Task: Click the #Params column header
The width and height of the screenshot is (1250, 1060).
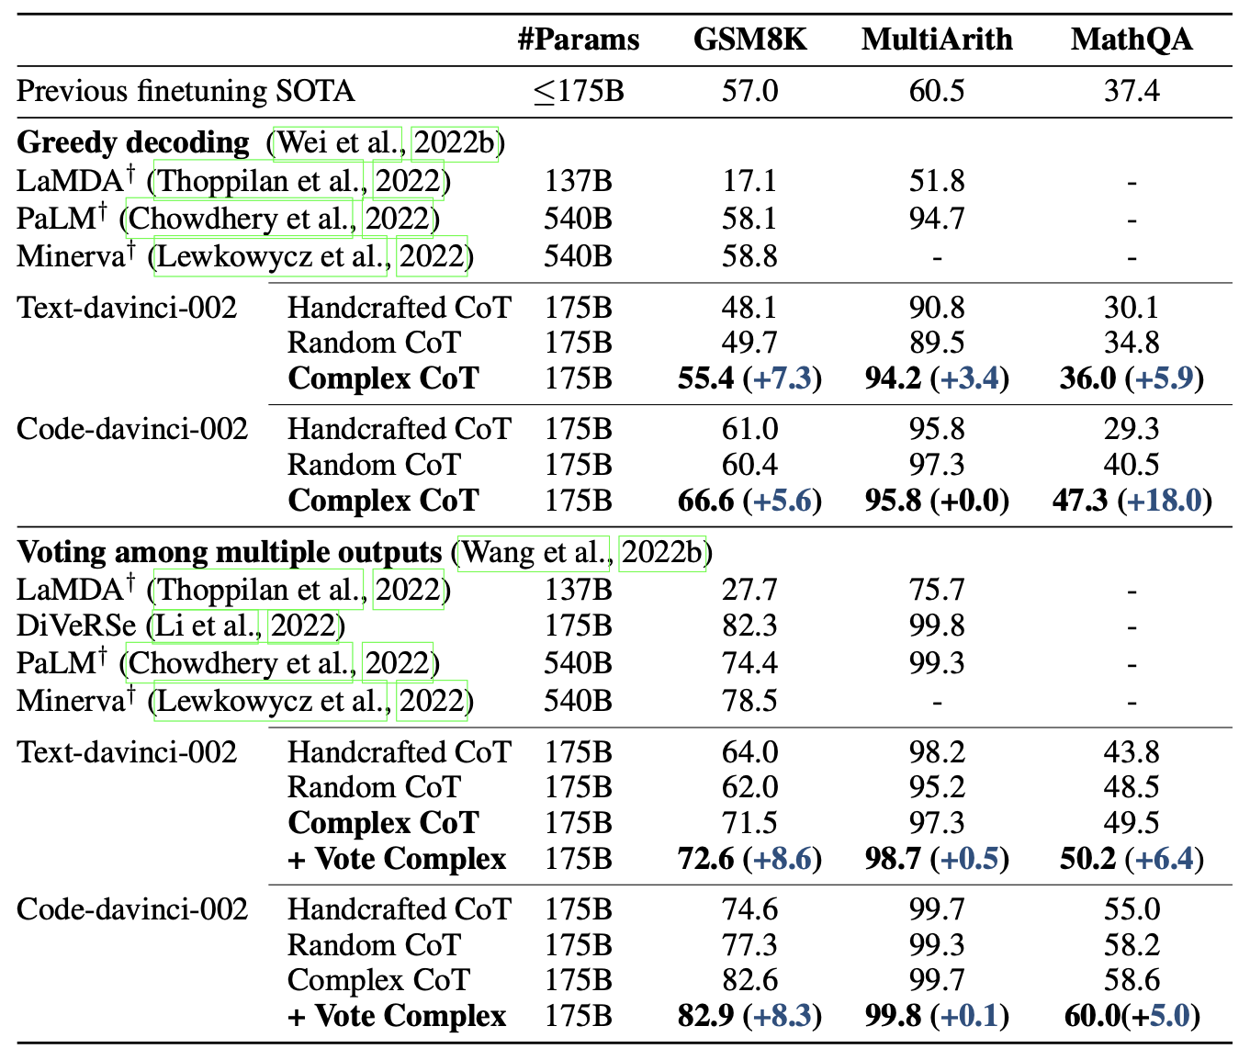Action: tap(578, 40)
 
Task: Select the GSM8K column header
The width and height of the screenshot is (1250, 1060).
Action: tap(749, 40)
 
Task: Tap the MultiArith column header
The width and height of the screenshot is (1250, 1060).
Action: tap(937, 40)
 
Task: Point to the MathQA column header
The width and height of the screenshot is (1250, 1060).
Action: tap(1131, 40)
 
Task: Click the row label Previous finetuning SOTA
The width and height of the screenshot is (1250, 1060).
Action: tap(186, 91)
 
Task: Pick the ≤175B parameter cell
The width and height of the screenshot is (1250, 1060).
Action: tap(578, 91)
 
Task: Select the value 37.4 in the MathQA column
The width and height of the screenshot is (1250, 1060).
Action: tap(1131, 91)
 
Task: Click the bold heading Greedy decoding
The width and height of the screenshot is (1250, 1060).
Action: tap(133, 143)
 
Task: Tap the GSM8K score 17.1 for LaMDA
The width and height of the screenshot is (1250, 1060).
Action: tap(749, 181)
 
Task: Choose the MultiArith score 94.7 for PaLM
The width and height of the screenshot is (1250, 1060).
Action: tap(937, 219)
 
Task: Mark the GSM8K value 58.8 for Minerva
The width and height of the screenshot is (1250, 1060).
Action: tap(749, 256)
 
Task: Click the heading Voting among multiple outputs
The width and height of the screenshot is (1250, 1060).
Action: tap(230, 552)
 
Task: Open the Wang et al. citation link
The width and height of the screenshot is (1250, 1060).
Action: tap(534, 552)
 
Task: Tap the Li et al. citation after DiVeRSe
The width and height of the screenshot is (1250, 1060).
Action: tap(208, 626)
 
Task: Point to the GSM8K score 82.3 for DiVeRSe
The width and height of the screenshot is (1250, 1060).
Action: tap(749, 626)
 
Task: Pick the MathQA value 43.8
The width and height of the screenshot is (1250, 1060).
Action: tap(1131, 752)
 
